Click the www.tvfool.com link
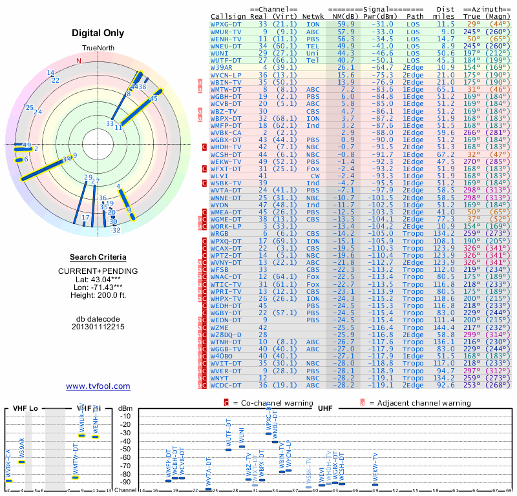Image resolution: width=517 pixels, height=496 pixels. tap(98, 386)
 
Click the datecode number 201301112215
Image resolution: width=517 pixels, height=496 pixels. tap(99, 326)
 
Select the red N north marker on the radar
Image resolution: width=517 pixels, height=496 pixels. tap(79, 61)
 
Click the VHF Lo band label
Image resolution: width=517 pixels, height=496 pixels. tap(25, 409)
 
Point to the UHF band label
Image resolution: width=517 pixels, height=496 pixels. tap(326, 409)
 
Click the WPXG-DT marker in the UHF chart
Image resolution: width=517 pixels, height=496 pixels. tap(269, 433)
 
